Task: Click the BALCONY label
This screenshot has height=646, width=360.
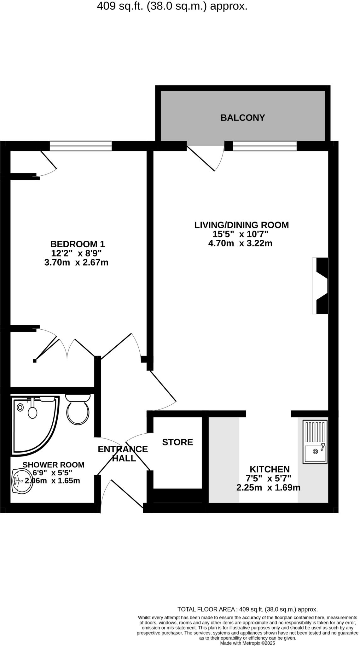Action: (242, 118)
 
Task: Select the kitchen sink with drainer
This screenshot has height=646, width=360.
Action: (315, 442)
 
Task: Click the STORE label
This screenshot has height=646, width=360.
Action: (177, 442)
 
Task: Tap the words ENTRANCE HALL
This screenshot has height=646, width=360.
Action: (123, 453)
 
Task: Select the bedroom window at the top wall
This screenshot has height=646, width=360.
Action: (81, 146)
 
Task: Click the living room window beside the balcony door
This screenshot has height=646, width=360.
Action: (265, 146)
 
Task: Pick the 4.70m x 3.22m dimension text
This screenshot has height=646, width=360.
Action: (240, 243)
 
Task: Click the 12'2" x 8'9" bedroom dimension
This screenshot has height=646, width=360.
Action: (76, 253)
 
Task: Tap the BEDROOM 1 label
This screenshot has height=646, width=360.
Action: (78, 244)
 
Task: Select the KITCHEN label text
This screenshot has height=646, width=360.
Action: (270, 469)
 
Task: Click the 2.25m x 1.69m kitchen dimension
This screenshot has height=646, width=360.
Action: (268, 488)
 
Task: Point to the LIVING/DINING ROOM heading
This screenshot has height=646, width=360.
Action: (241, 225)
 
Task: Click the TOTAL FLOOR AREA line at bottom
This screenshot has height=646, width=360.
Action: (247, 609)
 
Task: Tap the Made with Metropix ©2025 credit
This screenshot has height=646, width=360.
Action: (247, 643)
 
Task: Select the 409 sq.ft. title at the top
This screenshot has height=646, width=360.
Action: (172, 6)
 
